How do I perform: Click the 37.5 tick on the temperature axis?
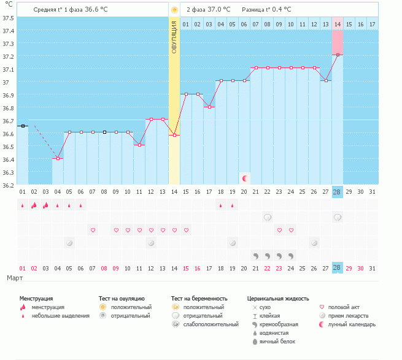[8, 17]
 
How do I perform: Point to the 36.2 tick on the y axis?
[8, 185]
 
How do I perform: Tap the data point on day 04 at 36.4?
[58, 158]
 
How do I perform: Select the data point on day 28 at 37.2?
[338, 55]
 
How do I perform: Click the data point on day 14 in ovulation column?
[175, 135]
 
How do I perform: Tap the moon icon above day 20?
[245, 178]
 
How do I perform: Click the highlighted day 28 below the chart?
[337, 268]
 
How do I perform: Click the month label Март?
[15, 278]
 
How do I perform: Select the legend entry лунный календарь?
[352, 324]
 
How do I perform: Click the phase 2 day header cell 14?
[338, 24]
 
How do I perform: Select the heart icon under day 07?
[93, 230]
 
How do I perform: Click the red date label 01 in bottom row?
[22, 268]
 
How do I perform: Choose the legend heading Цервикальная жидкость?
[278, 297]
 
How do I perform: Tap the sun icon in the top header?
[175, 10]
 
